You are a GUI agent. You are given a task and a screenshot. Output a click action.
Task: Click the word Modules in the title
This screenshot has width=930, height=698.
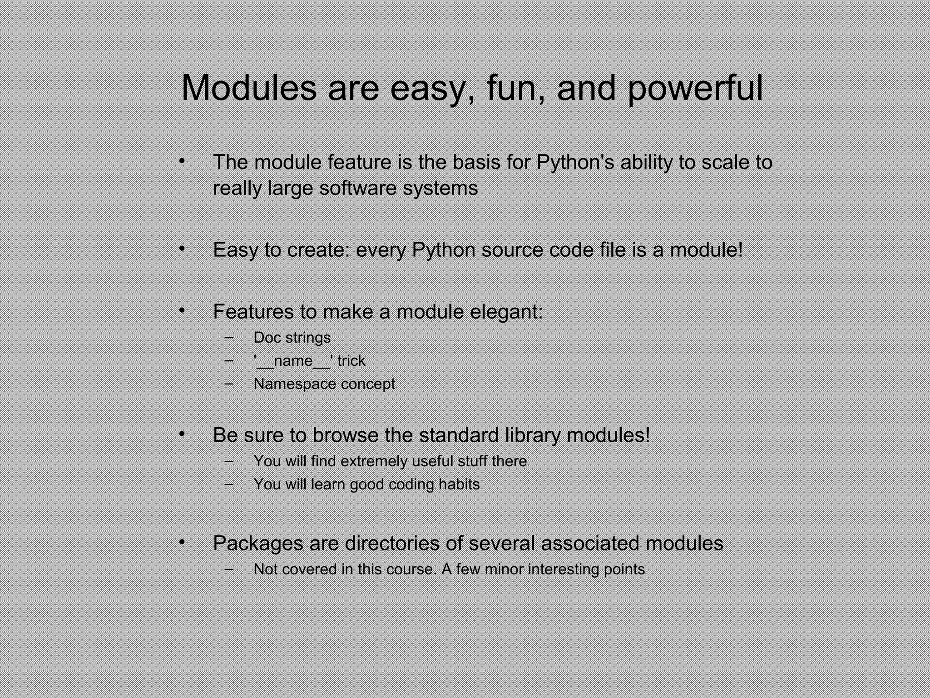pyautogui.click(x=249, y=88)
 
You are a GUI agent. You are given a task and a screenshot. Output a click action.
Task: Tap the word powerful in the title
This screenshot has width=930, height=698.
pyautogui.click(x=695, y=89)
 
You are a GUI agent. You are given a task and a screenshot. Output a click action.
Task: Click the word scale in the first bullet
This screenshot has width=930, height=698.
pyautogui.click(x=724, y=162)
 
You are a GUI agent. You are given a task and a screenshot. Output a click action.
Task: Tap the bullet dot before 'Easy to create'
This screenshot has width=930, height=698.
pyautogui.click(x=182, y=249)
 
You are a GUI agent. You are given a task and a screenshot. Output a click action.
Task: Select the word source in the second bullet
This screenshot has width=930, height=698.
pyautogui.click(x=512, y=250)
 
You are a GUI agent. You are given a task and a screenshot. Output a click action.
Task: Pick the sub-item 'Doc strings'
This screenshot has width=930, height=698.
pyautogui.click(x=292, y=338)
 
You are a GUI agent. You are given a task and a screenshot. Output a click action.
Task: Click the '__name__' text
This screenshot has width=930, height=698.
pyautogui.click(x=293, y=361)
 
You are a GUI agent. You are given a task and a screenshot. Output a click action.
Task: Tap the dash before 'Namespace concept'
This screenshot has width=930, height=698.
pyautogui.click(x=229, y=383)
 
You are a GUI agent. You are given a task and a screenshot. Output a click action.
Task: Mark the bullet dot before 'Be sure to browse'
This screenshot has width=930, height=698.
pyautogui.click(x=182, y=434)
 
